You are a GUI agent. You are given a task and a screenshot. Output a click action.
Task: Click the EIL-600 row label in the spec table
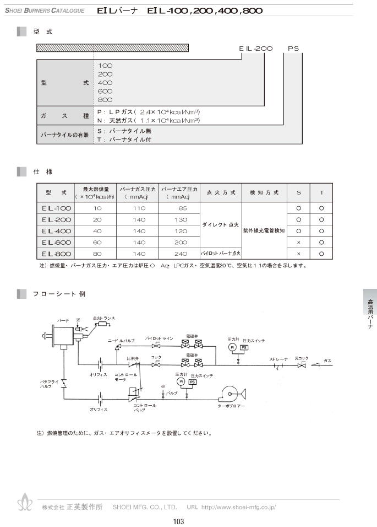56,242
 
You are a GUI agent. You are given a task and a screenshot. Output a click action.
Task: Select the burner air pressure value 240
179,254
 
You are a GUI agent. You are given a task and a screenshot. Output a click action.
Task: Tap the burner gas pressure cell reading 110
138,208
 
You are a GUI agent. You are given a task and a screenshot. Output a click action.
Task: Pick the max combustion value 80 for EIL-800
98,254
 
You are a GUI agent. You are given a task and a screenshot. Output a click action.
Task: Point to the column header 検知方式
264,193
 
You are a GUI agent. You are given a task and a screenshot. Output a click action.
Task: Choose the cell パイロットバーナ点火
220,254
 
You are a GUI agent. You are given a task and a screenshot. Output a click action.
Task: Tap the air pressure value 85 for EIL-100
179,208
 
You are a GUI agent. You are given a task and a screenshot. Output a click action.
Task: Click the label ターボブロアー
231,407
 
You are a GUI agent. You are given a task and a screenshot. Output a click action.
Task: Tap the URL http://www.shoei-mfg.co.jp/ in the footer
238,507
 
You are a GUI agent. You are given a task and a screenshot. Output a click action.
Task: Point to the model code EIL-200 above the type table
256,49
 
